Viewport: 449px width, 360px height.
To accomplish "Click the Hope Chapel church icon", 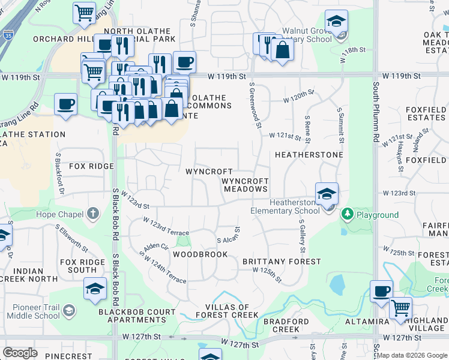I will point(92,214).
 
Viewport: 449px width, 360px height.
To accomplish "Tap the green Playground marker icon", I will point(347,214).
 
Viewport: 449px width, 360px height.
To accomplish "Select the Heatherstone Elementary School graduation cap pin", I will point(327,194).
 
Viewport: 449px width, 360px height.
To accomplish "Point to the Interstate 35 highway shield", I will point(8,33).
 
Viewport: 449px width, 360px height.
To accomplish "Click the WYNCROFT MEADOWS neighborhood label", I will point(245,185).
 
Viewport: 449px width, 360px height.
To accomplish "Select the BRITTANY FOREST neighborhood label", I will point(282,262).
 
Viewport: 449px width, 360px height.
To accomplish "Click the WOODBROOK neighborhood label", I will point(200,254).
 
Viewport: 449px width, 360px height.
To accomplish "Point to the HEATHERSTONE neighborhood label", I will point(309,155).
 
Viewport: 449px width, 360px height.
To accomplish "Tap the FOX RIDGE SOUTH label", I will point(82,266).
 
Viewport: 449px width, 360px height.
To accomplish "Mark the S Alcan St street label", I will point(228,236).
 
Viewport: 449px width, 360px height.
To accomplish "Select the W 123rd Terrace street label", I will point(165,227).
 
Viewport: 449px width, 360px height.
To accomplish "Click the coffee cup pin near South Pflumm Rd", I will point(381,292).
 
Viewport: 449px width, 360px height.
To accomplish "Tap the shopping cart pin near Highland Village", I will point(400,308).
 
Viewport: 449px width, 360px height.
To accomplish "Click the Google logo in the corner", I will point(20,353).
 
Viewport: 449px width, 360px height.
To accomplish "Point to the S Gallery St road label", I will point(303,235).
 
